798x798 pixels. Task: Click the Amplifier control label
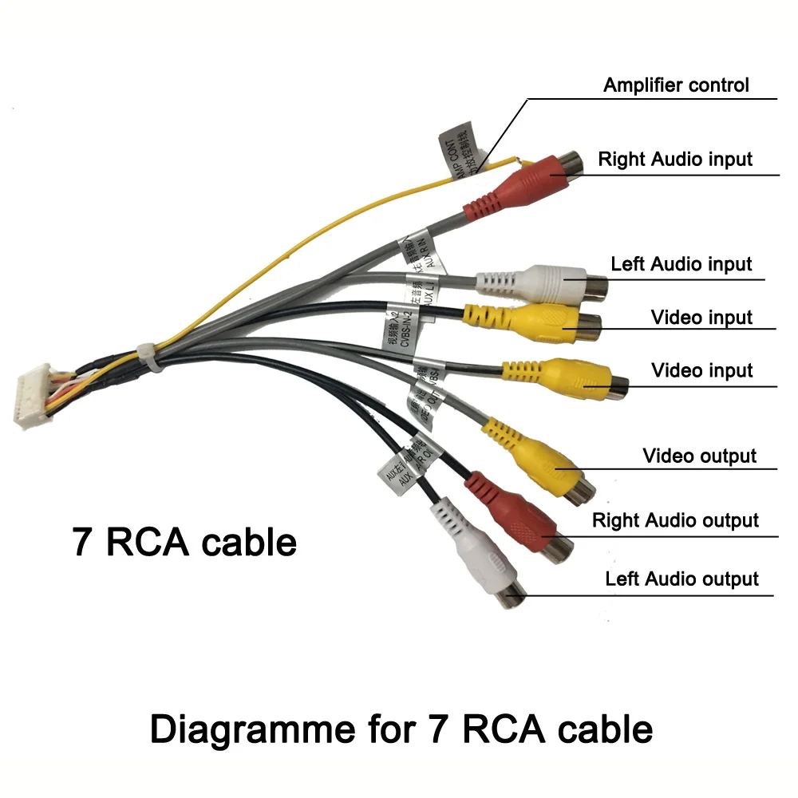tap(676, 85)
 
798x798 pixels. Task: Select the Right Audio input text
tap(675, 159)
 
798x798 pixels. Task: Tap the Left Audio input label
tap(681, 263)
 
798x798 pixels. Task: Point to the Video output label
tap(699, 456)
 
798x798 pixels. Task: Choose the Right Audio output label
tap(675, 520)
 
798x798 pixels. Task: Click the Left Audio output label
tap(681, 579)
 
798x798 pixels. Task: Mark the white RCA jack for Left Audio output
tap(479, 559)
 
